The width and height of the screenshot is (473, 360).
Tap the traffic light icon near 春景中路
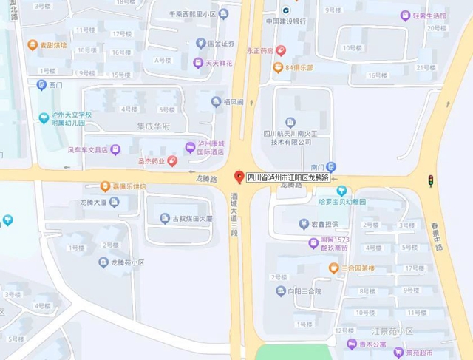[429, 180]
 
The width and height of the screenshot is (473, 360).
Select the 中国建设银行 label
[286, 21]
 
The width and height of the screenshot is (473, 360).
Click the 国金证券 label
[221, 44]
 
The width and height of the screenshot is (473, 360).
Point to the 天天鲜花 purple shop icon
[197, 63]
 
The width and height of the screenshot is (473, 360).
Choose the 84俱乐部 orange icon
[277, 67]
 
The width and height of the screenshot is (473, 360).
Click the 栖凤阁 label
[231, 101]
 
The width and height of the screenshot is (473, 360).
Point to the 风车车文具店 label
[88, 150]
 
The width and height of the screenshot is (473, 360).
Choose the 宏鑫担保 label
[326, 224]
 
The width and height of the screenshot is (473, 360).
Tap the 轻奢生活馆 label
[429, 16]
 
